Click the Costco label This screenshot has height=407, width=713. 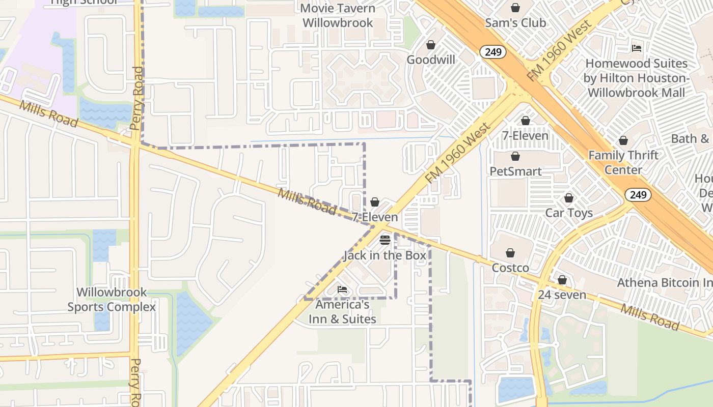coord(510,268)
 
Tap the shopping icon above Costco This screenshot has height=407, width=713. coord(510,253)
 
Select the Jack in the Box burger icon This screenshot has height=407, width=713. coord(385,240)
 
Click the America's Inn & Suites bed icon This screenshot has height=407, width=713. coord(342,289)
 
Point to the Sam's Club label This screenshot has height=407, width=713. coord(515,23)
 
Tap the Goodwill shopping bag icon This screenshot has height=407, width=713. coord(431,45)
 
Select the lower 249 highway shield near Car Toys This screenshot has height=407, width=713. coord(638,195)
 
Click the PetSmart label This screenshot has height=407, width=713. coord(515,171)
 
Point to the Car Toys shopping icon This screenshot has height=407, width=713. coord(569,198)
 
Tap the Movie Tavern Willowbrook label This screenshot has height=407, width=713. coord(338,16)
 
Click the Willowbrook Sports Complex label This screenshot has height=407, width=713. coord(112,300)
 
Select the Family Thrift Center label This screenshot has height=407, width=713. coord(623,162)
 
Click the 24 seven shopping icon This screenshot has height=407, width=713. coord(562,280)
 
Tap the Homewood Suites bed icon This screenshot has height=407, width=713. coord(637,48)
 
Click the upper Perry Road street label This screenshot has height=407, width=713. coord(138,98)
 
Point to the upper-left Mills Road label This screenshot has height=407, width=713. coord(49,113)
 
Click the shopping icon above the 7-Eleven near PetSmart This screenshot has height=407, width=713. coord(526,121)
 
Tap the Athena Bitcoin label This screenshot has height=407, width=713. coord(665,282)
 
